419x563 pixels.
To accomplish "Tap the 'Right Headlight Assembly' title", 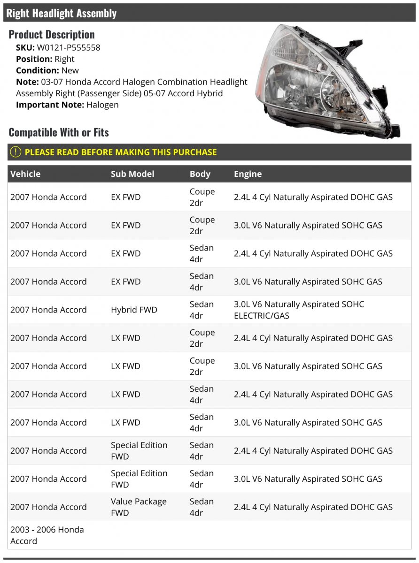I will tap(62, 13).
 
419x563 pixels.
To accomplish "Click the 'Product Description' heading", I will tap(52, 34).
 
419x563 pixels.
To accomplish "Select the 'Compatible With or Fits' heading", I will tap(59, 132).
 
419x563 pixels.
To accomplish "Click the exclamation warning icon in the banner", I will tap(16, 152).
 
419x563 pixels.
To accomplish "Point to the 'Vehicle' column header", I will tap(25, 174).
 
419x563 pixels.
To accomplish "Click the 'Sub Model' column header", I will tap(132, 174).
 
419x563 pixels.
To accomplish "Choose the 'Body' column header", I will tap(200, 174).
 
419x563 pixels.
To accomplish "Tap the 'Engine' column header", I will tap(248, 174).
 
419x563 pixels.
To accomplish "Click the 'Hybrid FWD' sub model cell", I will tap(134, 310).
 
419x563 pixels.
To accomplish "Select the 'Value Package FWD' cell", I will tap(139, 507).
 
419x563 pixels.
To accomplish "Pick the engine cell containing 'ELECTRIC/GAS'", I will tap(299, 310).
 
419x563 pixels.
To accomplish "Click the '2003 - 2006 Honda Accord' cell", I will tap(47, 535).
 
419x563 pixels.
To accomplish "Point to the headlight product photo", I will tap(329, 82).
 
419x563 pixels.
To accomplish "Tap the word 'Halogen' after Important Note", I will tap(102, 105).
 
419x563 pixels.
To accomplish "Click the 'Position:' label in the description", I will tap(34, 59).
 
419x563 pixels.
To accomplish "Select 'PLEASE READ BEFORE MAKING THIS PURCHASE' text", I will tap(121, 152).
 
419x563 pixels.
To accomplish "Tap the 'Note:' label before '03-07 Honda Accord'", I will tap(27, 82).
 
